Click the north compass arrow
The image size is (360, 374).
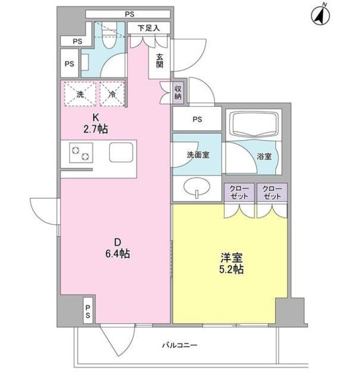click(x=320, y=15)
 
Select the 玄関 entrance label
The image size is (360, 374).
click(x=159, y=61)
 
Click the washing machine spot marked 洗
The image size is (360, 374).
click(x=79, y=92)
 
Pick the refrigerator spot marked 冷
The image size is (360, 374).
click(x=111, y=92)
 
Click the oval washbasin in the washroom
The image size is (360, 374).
click(x=197, y=188)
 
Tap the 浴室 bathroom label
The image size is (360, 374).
click(x=264, y=157)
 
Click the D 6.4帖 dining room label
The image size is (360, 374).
click(x=117, y=248)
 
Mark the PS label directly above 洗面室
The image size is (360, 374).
click(x=197, y=120)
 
